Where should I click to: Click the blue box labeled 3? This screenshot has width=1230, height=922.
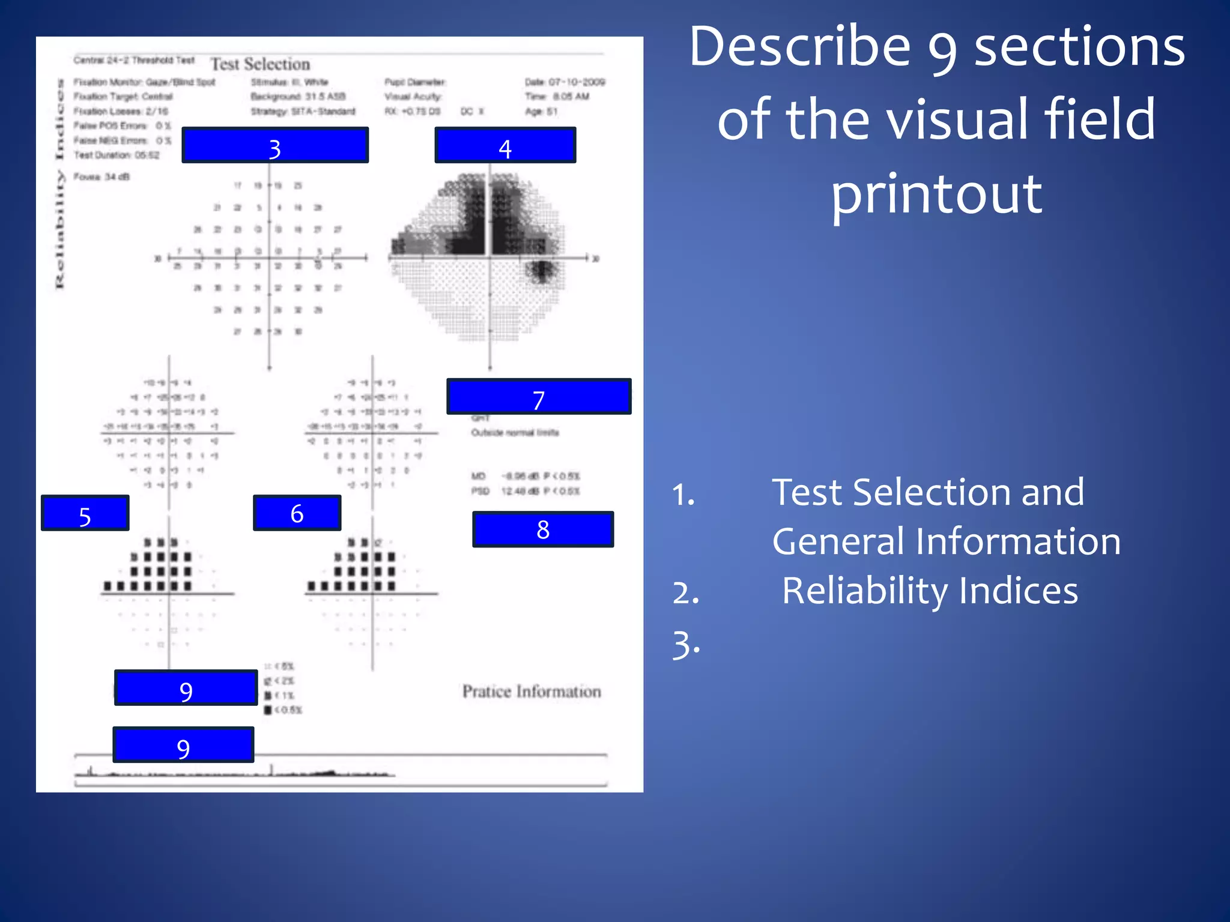[x=274, y=145]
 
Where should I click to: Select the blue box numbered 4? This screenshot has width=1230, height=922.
[x=505, y=145]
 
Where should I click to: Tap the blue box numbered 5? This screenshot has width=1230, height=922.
[x=85, y=513]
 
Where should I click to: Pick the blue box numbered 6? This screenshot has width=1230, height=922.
[x=297, y=513]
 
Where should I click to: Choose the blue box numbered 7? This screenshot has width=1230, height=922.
[x=539, y=397]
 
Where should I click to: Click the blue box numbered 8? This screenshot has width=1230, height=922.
[x=543, y=529]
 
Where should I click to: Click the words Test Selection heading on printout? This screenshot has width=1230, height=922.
[x=260, y=64]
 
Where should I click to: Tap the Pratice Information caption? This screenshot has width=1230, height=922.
[x=532, y=691]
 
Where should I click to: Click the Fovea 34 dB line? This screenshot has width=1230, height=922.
[x=101, y=177]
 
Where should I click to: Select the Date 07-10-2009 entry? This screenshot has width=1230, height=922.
[x=565, y=82]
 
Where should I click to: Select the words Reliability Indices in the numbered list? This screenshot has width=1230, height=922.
[x=930, y=591]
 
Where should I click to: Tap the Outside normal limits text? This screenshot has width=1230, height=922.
[x=515, y=433]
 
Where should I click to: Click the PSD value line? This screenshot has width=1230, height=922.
[x=526, y=491]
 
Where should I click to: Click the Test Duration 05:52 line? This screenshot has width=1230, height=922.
[x=117, y=155]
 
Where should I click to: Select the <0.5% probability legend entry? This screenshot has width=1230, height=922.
[x=283, y=710]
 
